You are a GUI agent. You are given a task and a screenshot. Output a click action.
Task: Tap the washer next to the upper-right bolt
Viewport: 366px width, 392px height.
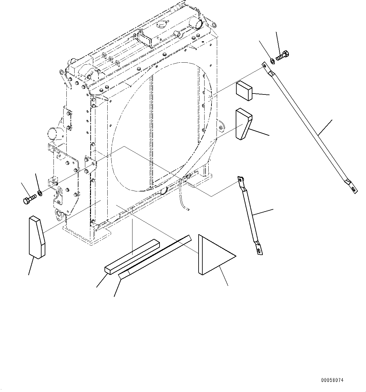[272, 60]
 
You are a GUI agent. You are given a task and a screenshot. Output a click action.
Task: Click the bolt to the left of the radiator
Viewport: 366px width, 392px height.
[30, 199]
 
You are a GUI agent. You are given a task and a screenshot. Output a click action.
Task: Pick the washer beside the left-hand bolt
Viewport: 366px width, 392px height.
[40, 192]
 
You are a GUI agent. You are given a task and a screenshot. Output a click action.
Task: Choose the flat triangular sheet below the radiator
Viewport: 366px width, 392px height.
[214, 255]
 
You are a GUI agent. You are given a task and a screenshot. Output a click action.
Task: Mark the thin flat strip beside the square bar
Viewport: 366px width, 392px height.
[154, 256]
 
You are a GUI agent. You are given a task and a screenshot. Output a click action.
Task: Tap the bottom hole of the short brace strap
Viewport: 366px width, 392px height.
[258, 250]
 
